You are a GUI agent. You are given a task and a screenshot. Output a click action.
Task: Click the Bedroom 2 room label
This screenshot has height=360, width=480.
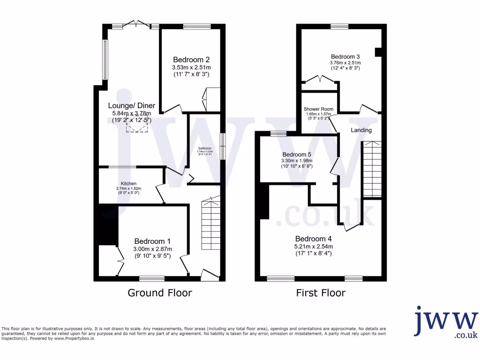pyautogui.click(x=191, y=60)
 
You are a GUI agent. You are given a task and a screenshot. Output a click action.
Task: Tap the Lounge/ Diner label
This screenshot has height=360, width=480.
pyautogui.click(x=132, y=105)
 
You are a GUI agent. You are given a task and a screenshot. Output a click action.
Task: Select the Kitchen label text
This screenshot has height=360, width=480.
pyautogui.click(x=128, y=183)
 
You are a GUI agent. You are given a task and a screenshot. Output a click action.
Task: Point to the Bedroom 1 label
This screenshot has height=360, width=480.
pyautogui.click(x=153, y=242)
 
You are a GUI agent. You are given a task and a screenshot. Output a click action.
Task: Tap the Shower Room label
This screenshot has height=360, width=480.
pyautogui.click(x=318, y=109)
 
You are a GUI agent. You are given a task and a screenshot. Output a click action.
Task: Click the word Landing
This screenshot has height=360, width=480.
pyautogui.click(x=361, y=130)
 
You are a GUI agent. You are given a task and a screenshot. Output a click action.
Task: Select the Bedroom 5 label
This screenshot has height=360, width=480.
pyautogui.click(x=297, y=154)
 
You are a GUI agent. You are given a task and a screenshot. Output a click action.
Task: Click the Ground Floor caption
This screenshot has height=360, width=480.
pyautogui.click(x=160, y=293)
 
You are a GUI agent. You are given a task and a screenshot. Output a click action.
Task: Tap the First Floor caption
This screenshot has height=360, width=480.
pyautogui.click(x=321, y=293)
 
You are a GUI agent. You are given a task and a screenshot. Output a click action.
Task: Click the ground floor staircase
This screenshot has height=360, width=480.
pyautogui.click(x=210, y=224)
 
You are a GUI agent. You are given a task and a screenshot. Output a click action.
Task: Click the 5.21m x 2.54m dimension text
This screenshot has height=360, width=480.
pyautogui.click(x=314, y=247)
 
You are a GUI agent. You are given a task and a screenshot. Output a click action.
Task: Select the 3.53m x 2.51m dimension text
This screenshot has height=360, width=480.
pyautogui.click(x=191, y=67)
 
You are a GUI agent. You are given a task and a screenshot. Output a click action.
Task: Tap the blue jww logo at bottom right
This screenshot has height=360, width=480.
pyautogui.click(x=445, y=323)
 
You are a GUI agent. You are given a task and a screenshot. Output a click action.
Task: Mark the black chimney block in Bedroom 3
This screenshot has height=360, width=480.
pyautogui.click(x=379, y=52)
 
